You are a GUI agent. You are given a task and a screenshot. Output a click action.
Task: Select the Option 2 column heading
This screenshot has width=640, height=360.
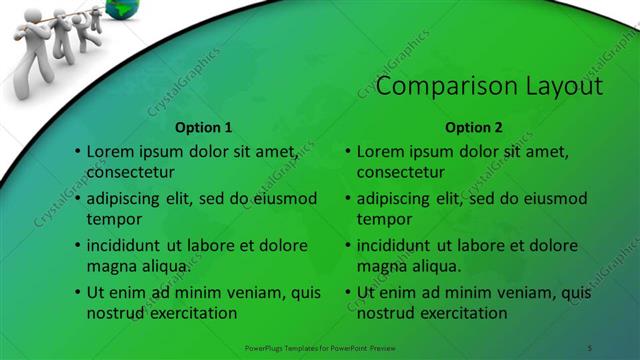tap(474, 127)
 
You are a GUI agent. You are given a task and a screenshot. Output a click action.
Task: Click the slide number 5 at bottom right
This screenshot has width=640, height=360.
tap(590, 347)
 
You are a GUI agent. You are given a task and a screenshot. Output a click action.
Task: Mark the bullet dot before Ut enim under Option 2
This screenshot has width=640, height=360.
tap(348, 292)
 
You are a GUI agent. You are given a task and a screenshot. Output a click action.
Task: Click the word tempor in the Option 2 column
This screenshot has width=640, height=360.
tap(384, 219)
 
